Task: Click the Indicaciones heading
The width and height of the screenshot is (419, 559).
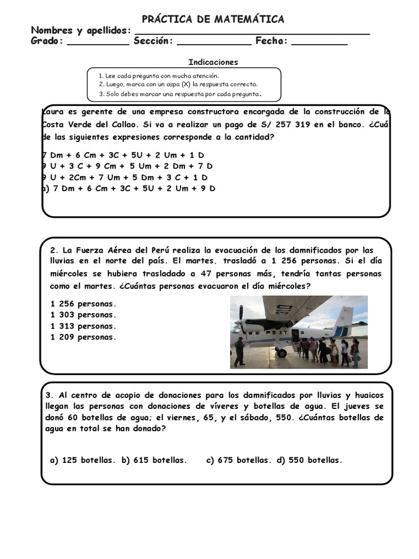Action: click(213, 62)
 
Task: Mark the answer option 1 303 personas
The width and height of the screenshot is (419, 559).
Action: click(83, 315)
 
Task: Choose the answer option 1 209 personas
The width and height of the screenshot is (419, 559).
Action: click(83, 337)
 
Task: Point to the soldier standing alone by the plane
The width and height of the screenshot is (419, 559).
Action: click(239, 352)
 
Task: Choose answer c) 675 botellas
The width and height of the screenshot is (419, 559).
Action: click(238, 460)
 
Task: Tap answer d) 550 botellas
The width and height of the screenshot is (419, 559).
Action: click(309, 460)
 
